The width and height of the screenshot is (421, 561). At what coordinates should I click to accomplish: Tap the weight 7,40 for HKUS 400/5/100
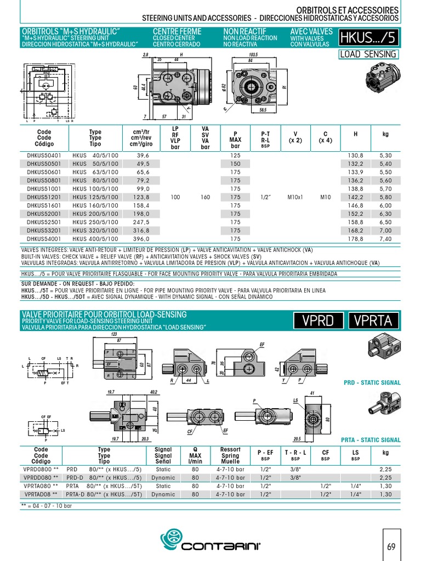(385, 239)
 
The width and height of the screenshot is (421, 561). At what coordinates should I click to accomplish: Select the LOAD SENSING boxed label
(368, 54)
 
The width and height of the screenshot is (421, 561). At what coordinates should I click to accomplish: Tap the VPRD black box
(318, 321)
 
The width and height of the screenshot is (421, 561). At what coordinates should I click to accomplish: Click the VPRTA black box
(373, 321)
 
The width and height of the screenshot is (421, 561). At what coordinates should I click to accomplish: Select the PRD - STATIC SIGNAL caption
(372, 382)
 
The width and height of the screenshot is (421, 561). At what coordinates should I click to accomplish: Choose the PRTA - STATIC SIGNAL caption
(371, 440)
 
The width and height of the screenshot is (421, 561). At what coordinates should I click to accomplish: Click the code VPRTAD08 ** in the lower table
(41, 494)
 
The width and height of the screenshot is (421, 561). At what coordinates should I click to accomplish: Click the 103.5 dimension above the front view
(253, 55)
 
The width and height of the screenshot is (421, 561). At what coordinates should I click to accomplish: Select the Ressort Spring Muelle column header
(230, 455)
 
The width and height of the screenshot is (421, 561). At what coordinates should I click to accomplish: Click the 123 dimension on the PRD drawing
(114, 334)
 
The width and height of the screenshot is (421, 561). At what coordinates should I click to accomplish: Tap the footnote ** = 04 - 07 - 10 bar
(47, 506)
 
